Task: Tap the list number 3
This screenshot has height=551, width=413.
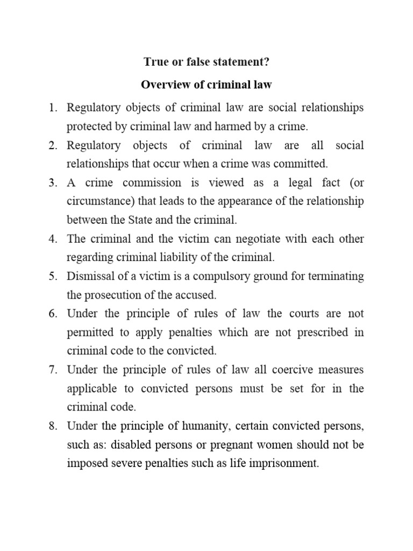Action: [53, 183]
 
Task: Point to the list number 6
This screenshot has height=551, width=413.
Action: [53, 314]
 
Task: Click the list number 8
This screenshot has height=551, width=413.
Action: [53, 426]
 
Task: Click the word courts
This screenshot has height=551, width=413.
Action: [283, 314]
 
